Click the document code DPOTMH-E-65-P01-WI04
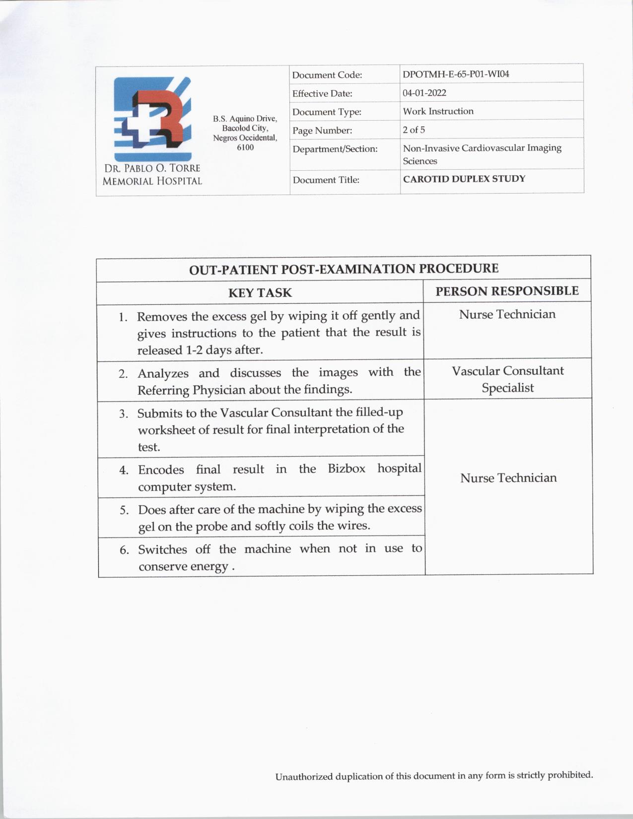pyautogui.click(x=456, y=74)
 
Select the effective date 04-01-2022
pyautogui.click(x=424, y=93)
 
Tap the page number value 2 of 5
pyautogui.click(x=414, y=130)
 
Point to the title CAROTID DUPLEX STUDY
pyautogui.click(x=464, y=179)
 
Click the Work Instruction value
pyautogui.click(x=438, y=111)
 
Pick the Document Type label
pyautogui.click(x=327, y=112)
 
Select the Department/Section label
pyautogui.click(x=335, y=149)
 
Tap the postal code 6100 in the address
pyautogui.click(x=245, y=147)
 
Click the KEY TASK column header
pyautogui.click(x=260, y=293)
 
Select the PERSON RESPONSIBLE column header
pyautogui.click(x=507, y=291)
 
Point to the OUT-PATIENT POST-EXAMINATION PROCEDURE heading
pyautogui.click(x=344, y=269)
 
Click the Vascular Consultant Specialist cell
pyautogui.click(x=507, y=379)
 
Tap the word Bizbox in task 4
pyautogui.click(x=347, y=469)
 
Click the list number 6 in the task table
pyautogui.click(x=124, y=550)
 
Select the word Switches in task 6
pyautogui.click(x=162, y=549)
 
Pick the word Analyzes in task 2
pyautogui.click(x=163, y=373)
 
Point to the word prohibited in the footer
pyautogui.click(x=570, y=775)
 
